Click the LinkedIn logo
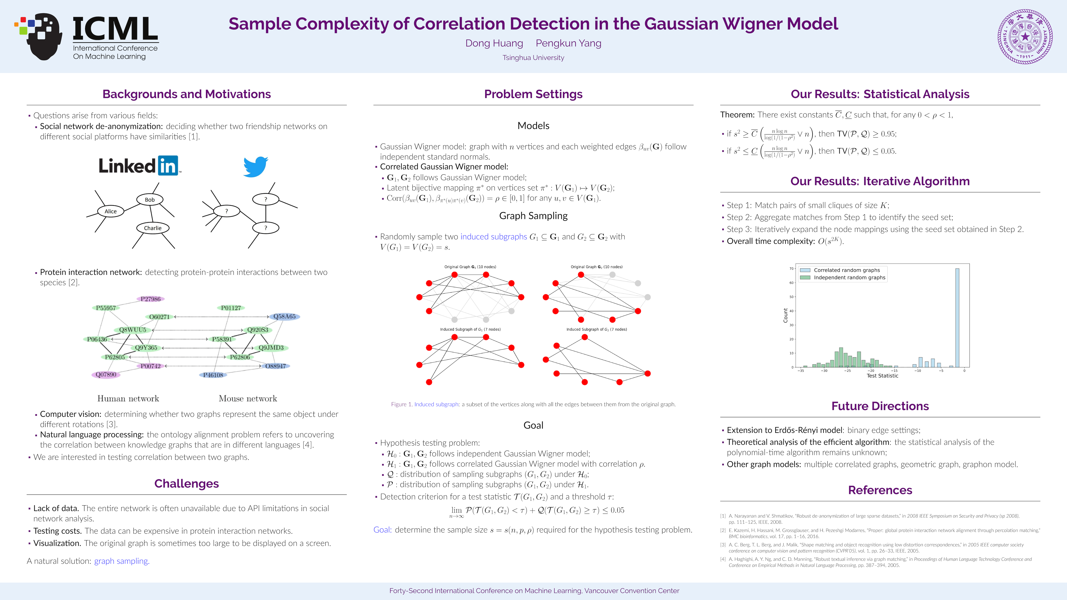tap(139, 166)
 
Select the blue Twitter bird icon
tap(255, 166)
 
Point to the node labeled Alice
tap(111, 211)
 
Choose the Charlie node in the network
tap(152, 228)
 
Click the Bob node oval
tap(150, 200)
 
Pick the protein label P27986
tap(150, 299)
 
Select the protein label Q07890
tap(106, 375)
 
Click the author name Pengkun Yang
tap(568, 43)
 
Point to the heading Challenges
tap(186, 484)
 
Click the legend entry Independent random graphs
tap(849, 277)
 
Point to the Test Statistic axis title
tap(882, 376)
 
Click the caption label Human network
tap(128, 398)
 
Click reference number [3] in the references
tap(723, 545)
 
